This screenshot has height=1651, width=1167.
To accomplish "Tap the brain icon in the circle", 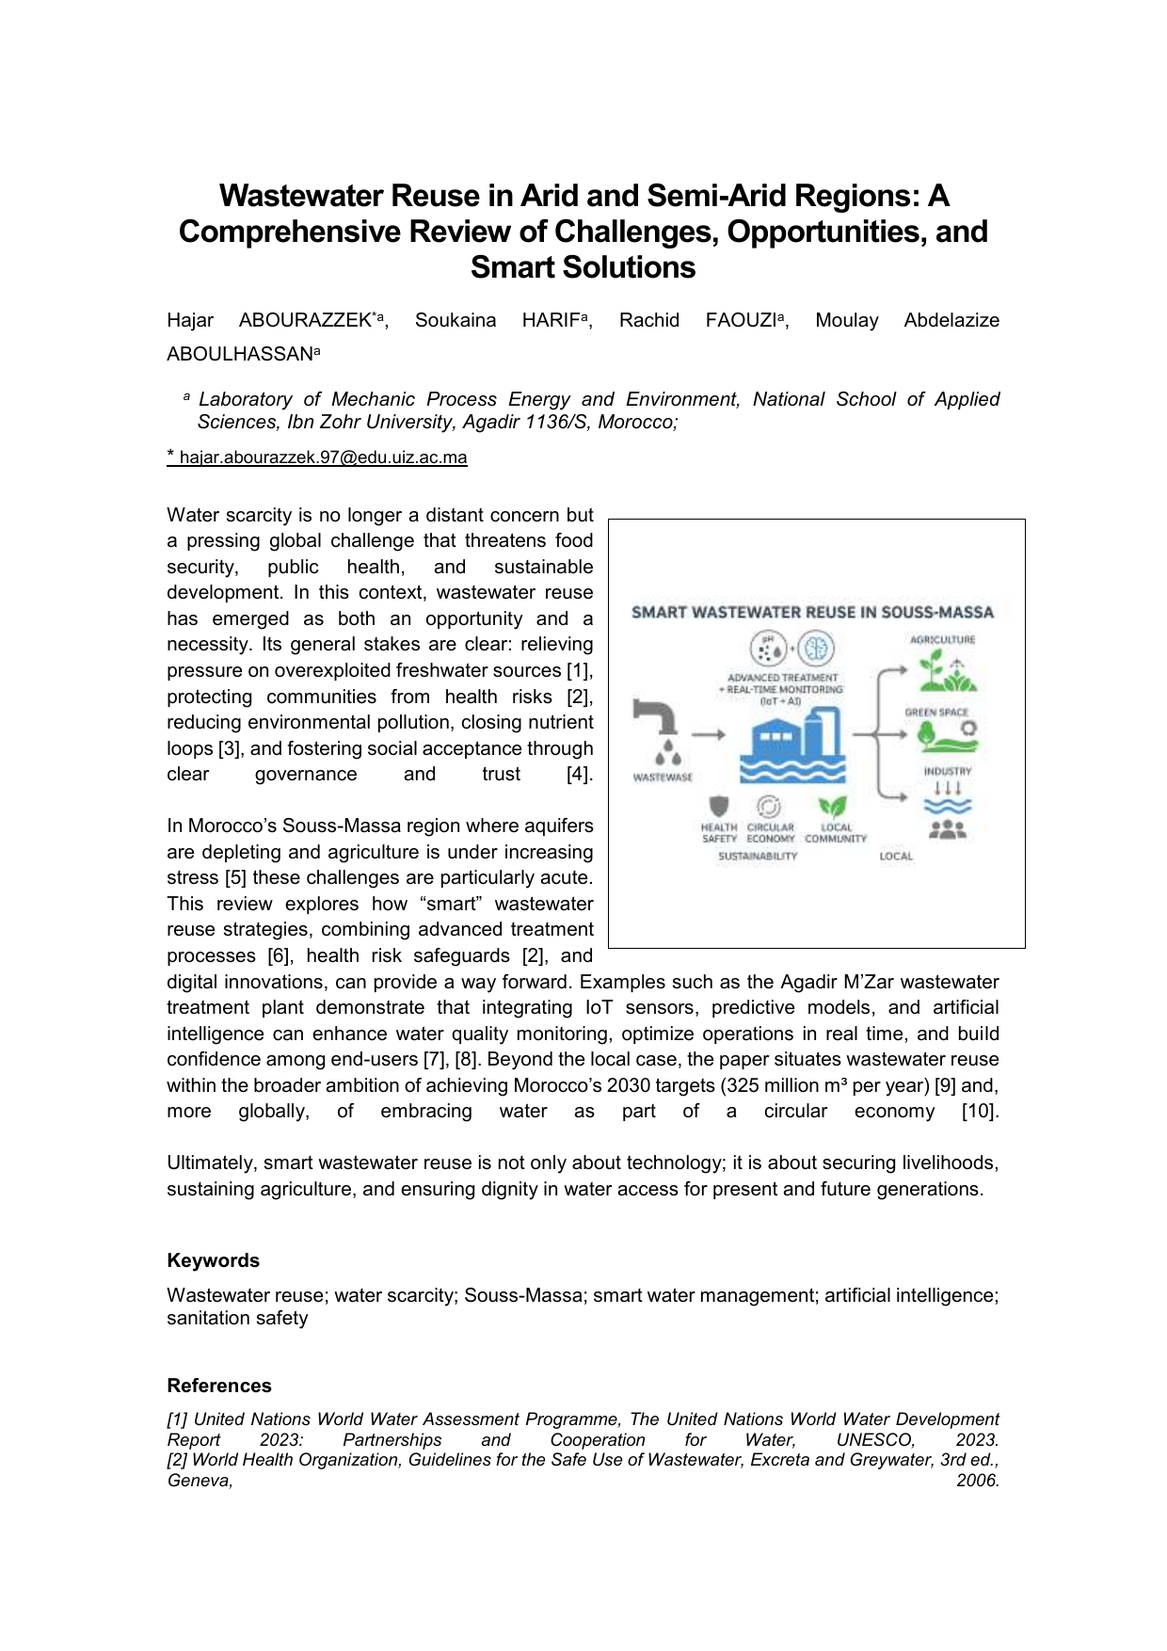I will (816, 649).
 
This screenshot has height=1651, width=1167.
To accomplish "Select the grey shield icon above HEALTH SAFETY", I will (719, 807).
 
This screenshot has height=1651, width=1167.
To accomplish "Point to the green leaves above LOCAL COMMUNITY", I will (833, 807).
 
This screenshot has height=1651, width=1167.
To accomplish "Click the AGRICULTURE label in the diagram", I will (942, 640).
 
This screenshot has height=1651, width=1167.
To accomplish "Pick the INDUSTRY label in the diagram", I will (948, 771).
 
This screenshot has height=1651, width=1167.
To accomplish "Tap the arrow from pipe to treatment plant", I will (708, 735).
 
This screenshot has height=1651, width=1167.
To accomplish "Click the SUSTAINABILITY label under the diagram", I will (758, 857).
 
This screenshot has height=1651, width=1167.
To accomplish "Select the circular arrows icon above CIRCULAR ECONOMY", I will (770, 807).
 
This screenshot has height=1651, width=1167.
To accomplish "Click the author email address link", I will (323, 458).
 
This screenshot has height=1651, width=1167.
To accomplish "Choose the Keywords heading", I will (213, 1260).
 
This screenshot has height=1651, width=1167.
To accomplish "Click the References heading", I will (218, 1386).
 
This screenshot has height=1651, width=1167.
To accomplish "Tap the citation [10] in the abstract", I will (979, 1112).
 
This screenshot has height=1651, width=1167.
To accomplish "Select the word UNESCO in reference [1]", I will (875, 1440).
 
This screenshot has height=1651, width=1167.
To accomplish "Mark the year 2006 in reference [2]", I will (977, 1481).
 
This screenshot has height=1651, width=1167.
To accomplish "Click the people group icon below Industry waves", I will (948, 829).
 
